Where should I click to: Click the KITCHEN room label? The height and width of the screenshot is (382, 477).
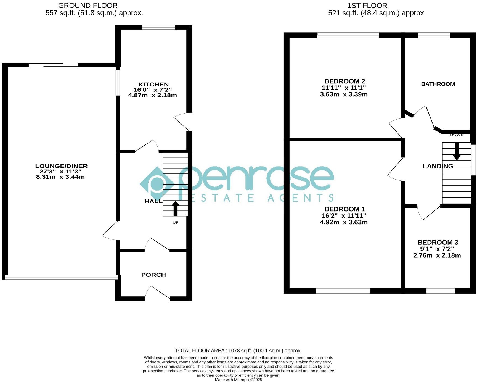coord(153,84)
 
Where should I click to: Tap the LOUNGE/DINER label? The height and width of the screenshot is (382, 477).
coord(61,166)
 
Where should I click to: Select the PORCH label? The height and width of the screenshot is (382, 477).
coord(153,275)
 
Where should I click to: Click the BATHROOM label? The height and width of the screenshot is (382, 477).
coord(438,84)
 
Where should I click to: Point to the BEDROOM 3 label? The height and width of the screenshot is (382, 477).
coord(438,243)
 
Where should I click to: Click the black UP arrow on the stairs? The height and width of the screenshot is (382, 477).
coord(175,209)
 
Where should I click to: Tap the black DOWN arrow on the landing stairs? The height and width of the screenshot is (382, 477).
coord(457,151)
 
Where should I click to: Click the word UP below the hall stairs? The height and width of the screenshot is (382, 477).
coord(176,222)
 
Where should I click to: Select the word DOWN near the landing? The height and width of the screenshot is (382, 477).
coord(457,135)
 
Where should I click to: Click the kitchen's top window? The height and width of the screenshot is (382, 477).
coord(159,27)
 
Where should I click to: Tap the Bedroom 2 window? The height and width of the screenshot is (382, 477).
coord(348,35)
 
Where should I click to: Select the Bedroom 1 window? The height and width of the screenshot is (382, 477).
coord(343,291)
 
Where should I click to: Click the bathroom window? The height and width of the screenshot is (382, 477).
coord(434,35)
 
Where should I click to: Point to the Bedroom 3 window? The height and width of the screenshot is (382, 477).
coord(441,291)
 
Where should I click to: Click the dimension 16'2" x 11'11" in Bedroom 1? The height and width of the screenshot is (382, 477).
coord(344,216)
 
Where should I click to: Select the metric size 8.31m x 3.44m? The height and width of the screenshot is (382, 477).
coord(60,177)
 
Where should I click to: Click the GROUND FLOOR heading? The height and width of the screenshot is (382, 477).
coord(88,6)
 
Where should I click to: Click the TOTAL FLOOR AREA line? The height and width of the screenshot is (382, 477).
coord(238,351)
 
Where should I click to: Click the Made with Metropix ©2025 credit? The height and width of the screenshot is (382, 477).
coord(238,380)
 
